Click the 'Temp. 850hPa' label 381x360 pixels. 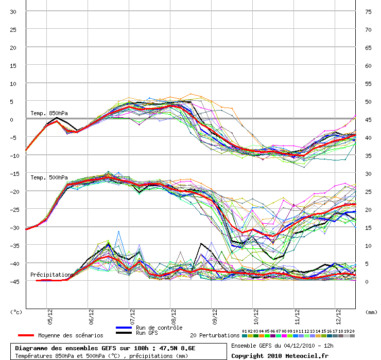pyautogui.click(x=49, y=113)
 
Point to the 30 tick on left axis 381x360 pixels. pyautogui.click(x=13, y=11)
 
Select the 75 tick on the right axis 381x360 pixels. pyautogui.click(x=368, y=11)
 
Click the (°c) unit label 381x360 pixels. pyautogui.click(x=16, y=312)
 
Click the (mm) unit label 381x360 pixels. pyautogui.click(x=371, y=312)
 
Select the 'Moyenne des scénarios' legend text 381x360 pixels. pyautogui.click(x=71, y=335)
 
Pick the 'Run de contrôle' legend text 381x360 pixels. pyautogui.click(x=159, y=328)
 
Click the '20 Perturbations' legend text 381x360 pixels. pyautogui.click(x=215, y=335)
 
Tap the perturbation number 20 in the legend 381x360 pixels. pyautogui.click(x=352, y=331)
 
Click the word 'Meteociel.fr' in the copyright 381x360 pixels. pyautogui.click(x=302, y=355)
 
